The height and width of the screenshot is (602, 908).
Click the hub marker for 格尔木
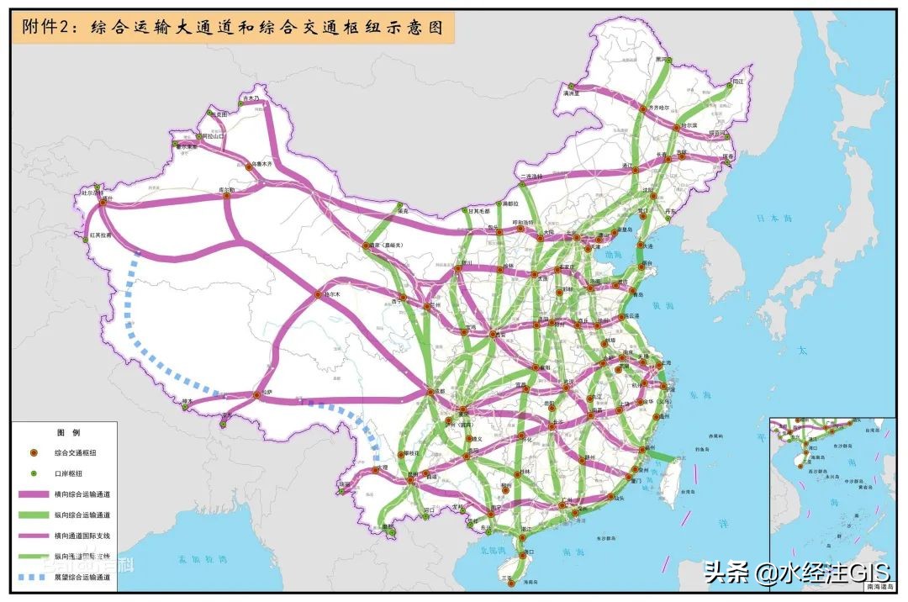(319, 294)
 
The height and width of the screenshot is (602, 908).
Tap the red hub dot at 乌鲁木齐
(249, 167)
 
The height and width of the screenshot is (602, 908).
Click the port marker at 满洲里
(572, 87)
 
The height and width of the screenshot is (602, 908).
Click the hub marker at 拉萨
(256, 395)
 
